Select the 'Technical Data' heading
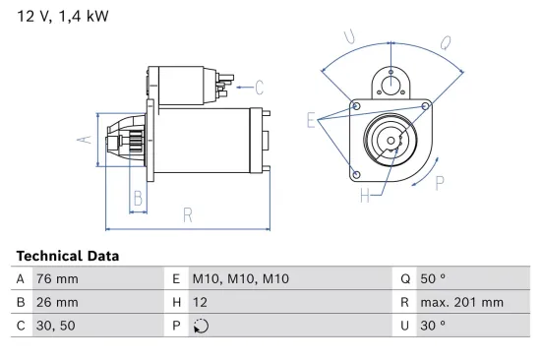[67, 256]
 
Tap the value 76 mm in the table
[58, 279]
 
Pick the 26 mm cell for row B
[58, 303]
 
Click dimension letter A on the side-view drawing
[86, 140]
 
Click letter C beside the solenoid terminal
[259, 86]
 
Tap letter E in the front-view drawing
[311, 121]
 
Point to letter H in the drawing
[364, 195]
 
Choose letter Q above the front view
[445, 42]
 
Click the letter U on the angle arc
[349, 36]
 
